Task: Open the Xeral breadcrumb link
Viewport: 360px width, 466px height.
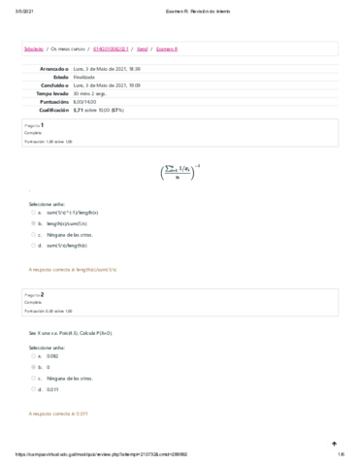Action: point(143,47)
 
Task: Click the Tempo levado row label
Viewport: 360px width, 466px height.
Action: point(53,92)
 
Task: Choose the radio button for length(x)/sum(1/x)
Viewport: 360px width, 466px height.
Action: point(33,222)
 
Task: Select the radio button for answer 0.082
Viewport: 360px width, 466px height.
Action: point(33,356)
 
